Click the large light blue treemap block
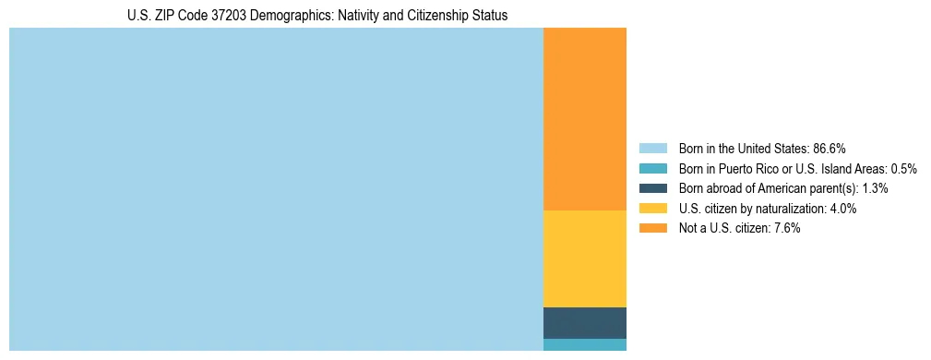point(276,189)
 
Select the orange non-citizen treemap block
point(584,119)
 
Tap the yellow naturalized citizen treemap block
point(584,258)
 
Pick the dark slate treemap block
point(584,323)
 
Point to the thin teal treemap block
point(584,345)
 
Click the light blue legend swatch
point(652,149)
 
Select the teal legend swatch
point(652,169)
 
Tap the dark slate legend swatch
point(652,188)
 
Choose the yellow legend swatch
point(652,209)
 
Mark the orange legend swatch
point(652,229)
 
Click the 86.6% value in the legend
point(830,149)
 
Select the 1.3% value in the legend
point(875,188)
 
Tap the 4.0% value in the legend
point(843,209)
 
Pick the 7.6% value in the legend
point(787,229)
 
